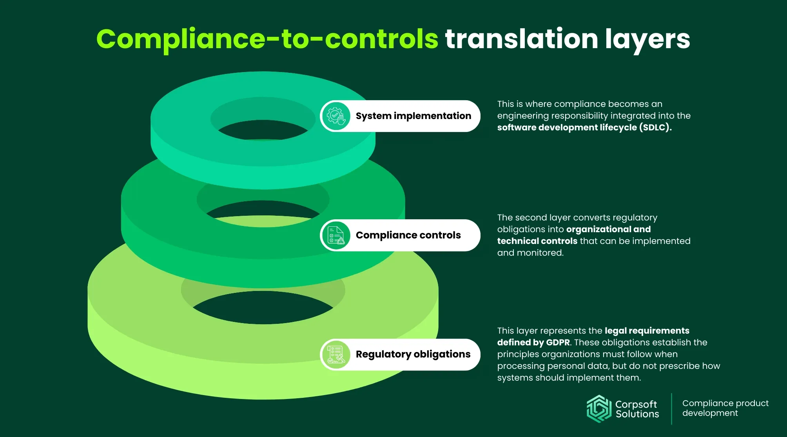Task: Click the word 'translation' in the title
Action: tap(522, 39)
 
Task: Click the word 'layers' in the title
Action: tap(647, 40)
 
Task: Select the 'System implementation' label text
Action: tap(413, 116)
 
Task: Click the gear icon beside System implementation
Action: tap(336, 116)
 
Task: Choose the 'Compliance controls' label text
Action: tap(408, 235)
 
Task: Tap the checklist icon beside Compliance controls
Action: tap(336, 235)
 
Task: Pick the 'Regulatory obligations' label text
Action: tap(413, 354)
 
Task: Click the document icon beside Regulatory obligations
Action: tap(336, 355)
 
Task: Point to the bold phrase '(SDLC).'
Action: tap(655, 128)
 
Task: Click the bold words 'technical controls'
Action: tap(537, 241)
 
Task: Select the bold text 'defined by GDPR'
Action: tap(533, 343)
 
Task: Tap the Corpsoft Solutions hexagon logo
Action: tap(599, 409)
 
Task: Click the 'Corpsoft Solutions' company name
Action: tap(637, 409)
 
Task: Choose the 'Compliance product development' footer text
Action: tap(725, 408)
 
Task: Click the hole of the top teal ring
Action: tap(263, 129)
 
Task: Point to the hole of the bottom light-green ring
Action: tap(263, 307)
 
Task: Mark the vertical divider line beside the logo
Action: tap(671, 409)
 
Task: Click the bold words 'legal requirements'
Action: tap(647, 331)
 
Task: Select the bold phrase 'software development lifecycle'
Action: tap(567, 128)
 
